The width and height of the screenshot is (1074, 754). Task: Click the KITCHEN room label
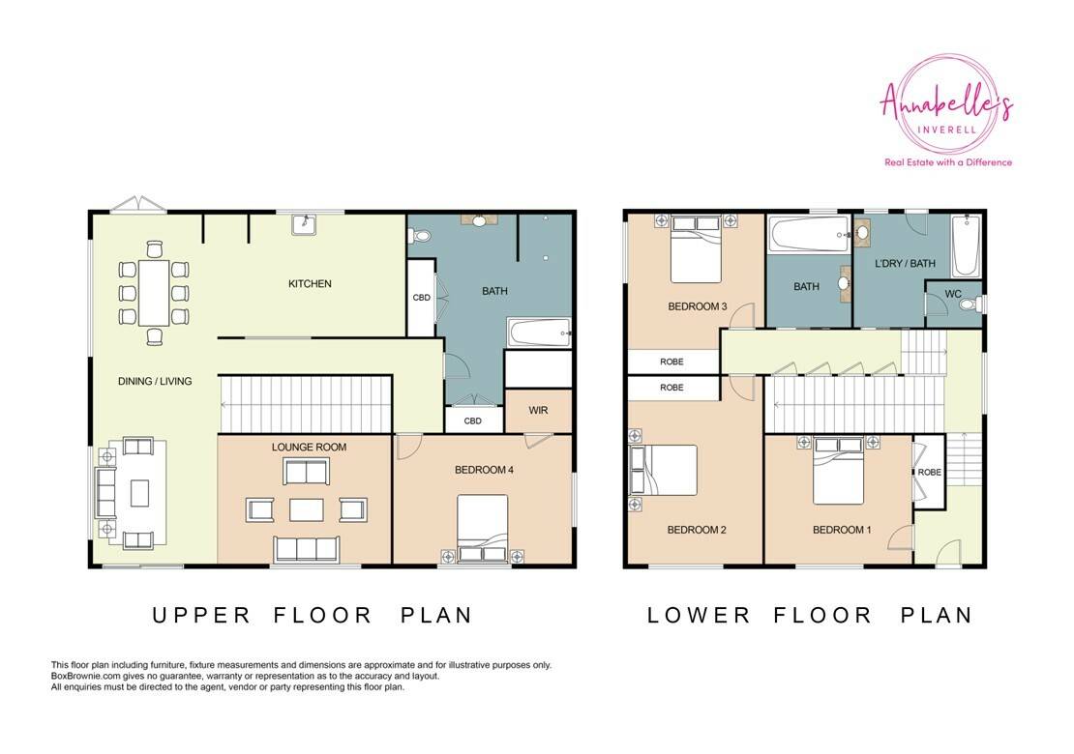point(310,283)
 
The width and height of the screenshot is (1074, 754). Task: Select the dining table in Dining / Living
point(154,293)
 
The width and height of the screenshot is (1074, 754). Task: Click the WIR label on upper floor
point(538,411)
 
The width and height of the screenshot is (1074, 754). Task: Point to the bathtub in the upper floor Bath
point(538,333)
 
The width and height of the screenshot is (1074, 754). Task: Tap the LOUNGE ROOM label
point(309,447)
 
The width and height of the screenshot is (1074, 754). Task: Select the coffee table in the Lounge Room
point(306,509)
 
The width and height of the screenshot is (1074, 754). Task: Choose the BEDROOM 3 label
point(698,306)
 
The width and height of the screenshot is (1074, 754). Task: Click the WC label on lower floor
point(953,294)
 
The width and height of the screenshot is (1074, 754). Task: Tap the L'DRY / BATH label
point(905,264)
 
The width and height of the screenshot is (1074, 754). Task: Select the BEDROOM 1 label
point(842,530)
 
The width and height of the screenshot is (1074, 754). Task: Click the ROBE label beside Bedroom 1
point(930,472)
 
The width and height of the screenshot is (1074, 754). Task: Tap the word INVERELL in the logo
point(946,129)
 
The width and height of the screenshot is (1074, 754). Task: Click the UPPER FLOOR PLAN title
point(313,615)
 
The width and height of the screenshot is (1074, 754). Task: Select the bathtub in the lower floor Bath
point(809,235)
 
